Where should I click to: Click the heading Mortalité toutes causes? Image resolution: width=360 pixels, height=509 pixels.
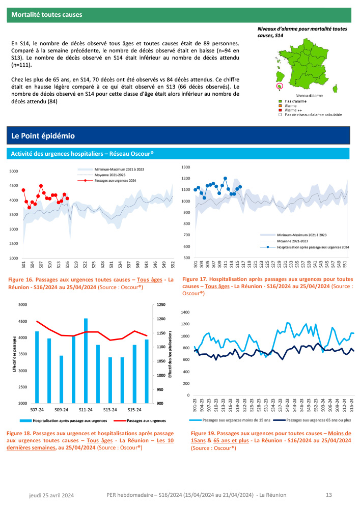[47, 15]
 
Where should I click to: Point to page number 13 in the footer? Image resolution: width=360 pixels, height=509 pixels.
[329, 495]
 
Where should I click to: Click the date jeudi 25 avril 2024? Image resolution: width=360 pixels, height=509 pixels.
[51, 495]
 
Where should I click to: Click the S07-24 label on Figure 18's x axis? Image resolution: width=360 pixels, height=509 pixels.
[37, 409]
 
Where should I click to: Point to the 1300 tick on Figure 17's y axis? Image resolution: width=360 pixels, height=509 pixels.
[185, 167]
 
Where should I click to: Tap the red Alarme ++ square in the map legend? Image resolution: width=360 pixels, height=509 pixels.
[280, 110]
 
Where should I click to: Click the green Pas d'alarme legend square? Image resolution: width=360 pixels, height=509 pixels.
[280, 101]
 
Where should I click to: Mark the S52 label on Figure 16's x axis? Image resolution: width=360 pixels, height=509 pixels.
[173, 265]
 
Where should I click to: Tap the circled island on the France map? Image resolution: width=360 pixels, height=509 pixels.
[279, 86]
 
